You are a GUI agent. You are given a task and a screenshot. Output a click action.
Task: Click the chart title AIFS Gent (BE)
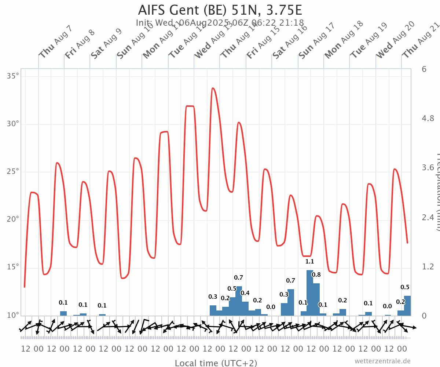pyautogui.click(x=220, y=10)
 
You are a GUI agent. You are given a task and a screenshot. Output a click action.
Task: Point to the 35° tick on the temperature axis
pyautogui.click(x=13, y=76)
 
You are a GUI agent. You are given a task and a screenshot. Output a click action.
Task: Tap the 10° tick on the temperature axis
pyautogui.click(x=13, y=315)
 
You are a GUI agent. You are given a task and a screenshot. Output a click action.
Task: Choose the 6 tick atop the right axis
pyautogui.click(x=424, y=69)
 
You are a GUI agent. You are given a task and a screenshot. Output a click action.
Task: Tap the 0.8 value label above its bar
pyautogui.click(x=316, y=275)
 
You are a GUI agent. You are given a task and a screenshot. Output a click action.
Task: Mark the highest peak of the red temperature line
pyautogui.click(x=213, y=88)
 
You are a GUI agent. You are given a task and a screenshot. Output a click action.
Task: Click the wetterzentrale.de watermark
pyautogui.click(x=382, y=361)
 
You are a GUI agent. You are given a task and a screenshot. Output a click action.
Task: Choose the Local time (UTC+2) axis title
pyautogui.click(x=216, y=363)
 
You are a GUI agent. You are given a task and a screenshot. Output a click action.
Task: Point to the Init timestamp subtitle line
pyautogui.click(x=220, y=23)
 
